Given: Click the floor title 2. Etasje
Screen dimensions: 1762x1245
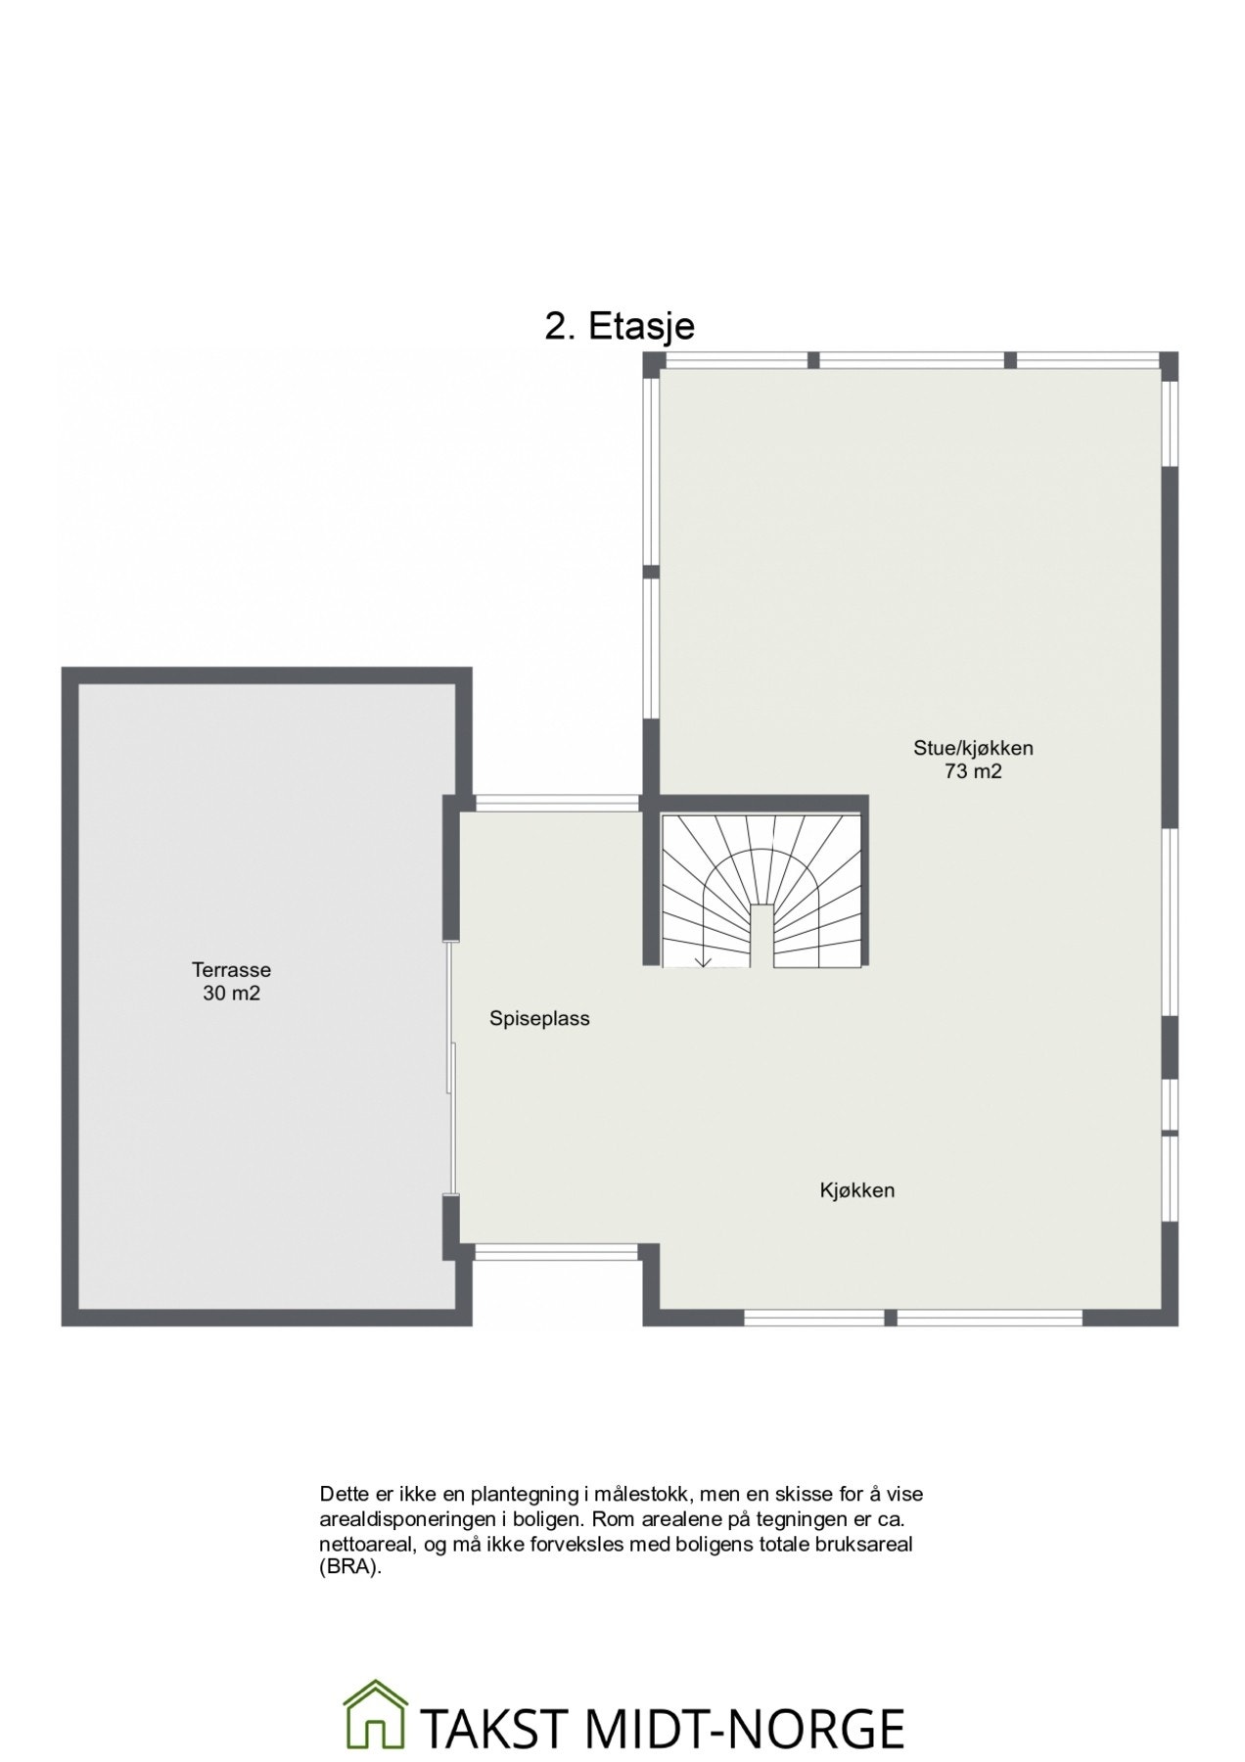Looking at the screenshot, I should [x=619, y=326].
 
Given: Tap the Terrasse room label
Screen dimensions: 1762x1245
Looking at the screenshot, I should [x=231, y=970].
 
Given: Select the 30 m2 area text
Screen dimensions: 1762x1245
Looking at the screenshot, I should [x=231, y=994].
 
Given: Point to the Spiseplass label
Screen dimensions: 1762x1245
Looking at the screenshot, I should [x=539, y=1018].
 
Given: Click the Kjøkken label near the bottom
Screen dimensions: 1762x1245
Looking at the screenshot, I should [x=856, y=1190].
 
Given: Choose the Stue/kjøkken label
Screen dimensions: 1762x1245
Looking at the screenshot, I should [x=973, y=748].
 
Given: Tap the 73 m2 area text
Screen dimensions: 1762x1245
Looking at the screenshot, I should [x=973, y=771].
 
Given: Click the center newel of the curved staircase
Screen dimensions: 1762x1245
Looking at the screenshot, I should [x=762, y=935].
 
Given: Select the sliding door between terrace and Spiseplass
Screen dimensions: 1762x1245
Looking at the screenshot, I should [x=451, y=1067].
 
